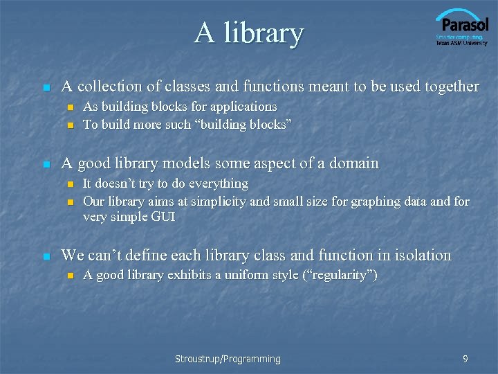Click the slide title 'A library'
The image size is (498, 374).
(249, 33)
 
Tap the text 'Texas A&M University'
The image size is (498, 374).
(461, 43)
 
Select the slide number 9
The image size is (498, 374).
(465, 359)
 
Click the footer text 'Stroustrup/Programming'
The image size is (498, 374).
(228, 359)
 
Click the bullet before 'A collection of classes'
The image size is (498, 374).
(46, 88)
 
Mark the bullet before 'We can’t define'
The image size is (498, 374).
(46, 257)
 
